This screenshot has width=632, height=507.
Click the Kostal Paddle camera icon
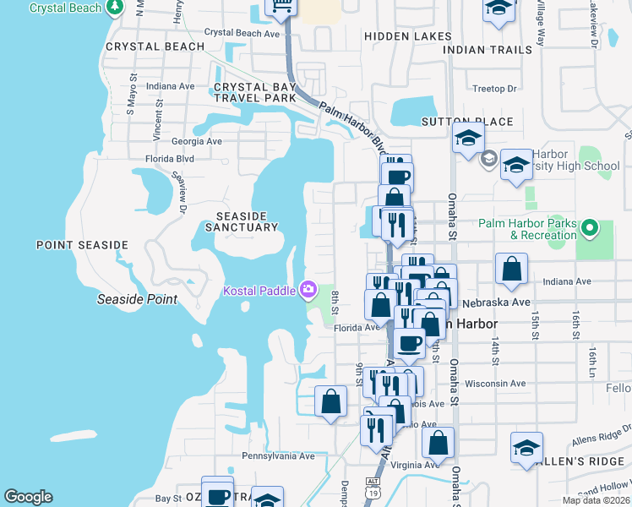click(x=308, y=291)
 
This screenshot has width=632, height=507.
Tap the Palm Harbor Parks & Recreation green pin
click(x=591, y=228)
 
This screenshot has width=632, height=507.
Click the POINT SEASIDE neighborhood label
click(x=82, y=245)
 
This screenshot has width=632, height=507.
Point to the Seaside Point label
click(x=137, y=299)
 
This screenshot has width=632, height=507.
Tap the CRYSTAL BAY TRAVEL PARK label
click(x=255, y=92)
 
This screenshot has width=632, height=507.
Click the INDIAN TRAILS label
click(x=488, y=50)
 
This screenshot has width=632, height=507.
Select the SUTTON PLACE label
click(x=467, y=122)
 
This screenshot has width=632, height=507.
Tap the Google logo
click(x=28, y=497)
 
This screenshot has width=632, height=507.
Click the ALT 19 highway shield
click(x=373, y=487)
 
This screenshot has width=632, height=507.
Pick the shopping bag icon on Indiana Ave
click(x=511, y=270)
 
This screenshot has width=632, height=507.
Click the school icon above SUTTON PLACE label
click(x=467, y=137)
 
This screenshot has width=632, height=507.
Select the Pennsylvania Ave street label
click(x=278, y=455)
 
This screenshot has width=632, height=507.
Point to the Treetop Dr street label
click(x=494, y=88)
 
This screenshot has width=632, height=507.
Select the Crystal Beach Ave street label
click(x=242, y=34)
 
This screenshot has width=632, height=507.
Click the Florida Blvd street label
click(x=169, y=158)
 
